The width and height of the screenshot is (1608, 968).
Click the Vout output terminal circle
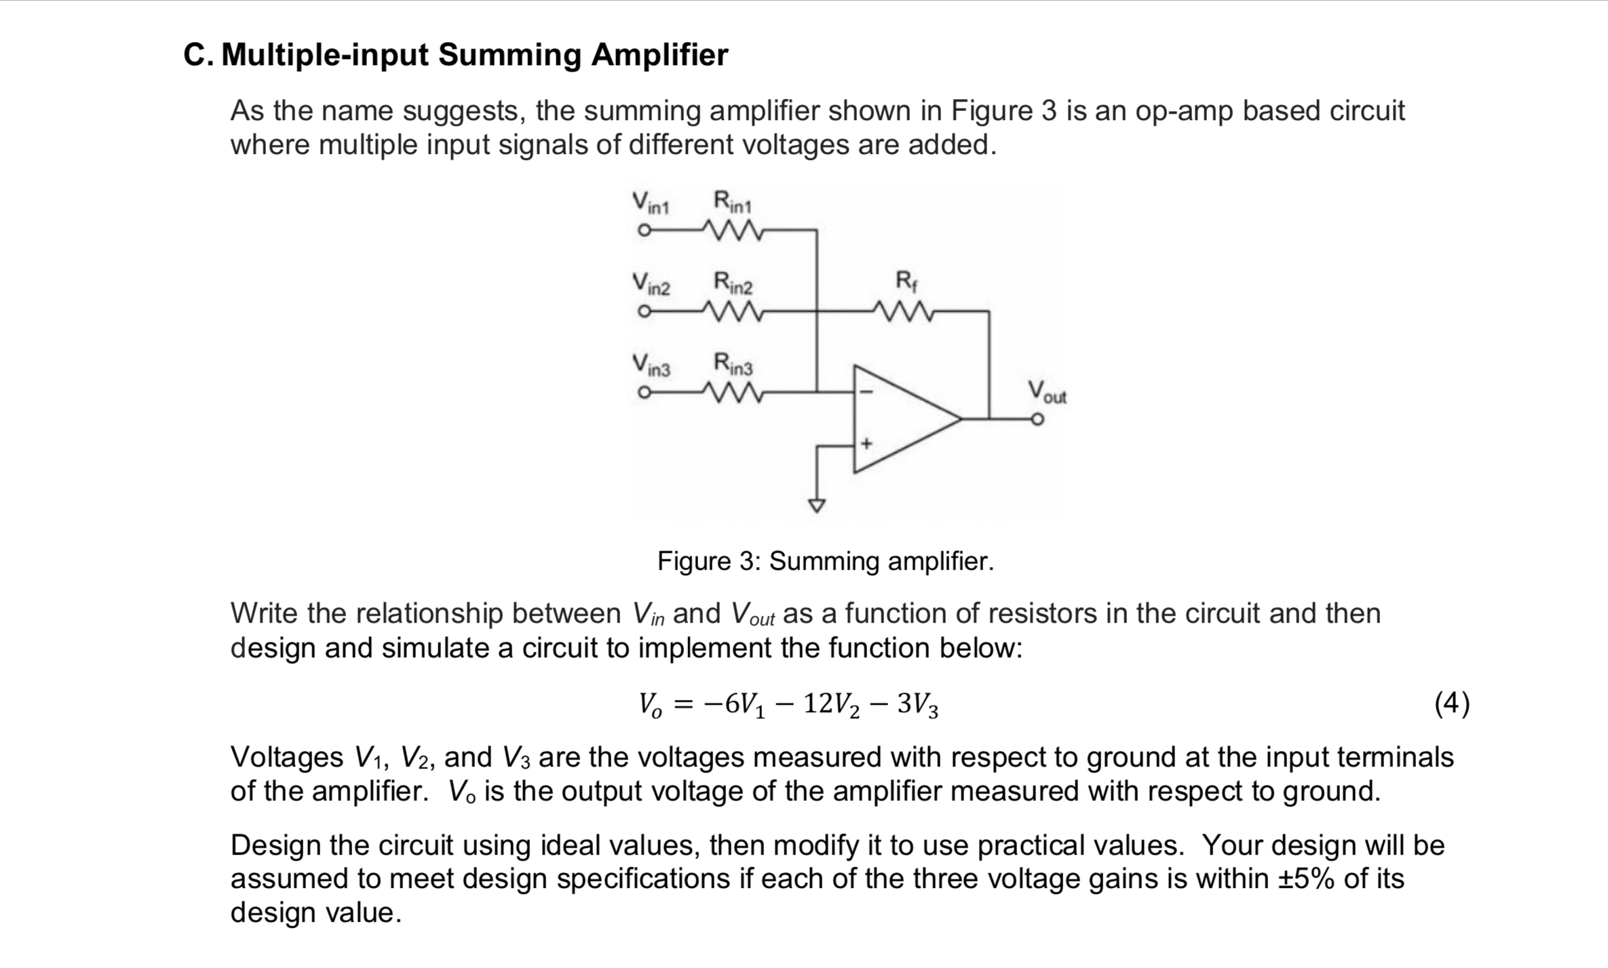pos(1037,419)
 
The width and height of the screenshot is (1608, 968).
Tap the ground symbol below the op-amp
pos(817,505)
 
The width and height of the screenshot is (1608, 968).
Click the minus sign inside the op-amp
pos(866,392)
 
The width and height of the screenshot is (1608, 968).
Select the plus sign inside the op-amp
pos(866,444)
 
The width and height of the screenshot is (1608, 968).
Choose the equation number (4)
pos(1451,703)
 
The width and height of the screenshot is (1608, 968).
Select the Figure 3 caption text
pos(825,561)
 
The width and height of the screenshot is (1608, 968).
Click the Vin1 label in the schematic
pos(651,203)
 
